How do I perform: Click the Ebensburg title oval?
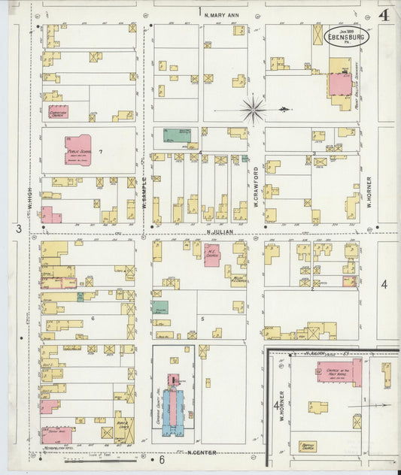342,37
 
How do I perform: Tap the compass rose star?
254,110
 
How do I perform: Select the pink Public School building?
78,149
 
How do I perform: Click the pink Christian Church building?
58,112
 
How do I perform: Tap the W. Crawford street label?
256,186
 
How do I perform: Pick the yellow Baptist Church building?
307,446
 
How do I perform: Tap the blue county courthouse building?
174,404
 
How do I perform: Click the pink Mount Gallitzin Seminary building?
340,83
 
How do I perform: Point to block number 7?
110,153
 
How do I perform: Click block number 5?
202,319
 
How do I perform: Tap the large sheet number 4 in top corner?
383,14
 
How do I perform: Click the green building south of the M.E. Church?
159,307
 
